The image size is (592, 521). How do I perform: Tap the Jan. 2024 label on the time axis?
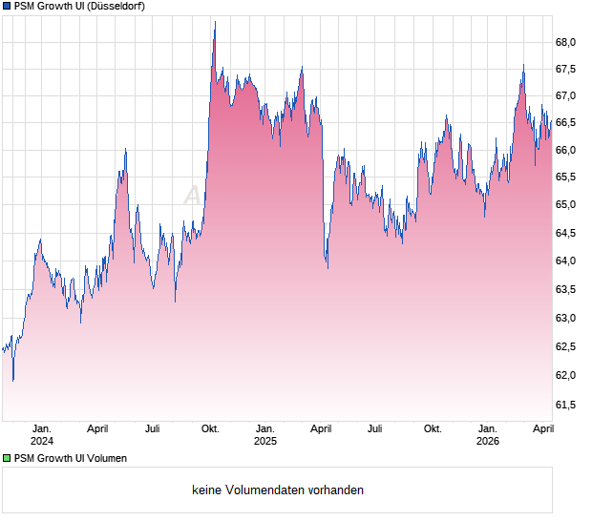coord(42,434)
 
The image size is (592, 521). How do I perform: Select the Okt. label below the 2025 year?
coord(433,428)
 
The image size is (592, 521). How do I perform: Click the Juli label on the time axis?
coord(153,428)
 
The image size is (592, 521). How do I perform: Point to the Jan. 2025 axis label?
coord(264,434)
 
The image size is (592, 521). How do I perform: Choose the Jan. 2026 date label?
coord(488,434)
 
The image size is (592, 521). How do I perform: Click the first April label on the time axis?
coord(96,428)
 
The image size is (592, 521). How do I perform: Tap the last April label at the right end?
coord(541,428)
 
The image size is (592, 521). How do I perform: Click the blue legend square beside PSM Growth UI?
coord(7,7)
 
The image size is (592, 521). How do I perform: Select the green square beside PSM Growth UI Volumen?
coord(7,458)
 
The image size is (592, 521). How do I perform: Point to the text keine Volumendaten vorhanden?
coord(278,490)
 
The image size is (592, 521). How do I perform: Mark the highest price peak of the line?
coord(214,22)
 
